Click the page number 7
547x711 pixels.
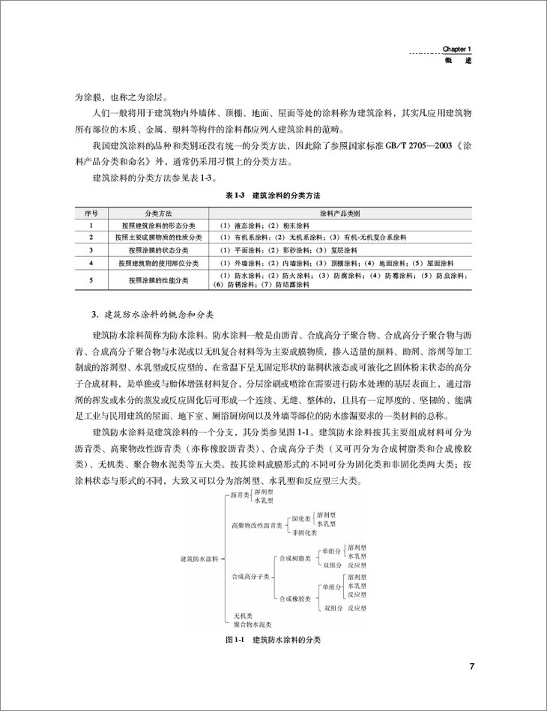click(x=471, y=667)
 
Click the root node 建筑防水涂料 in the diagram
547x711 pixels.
click(x=200, y=558)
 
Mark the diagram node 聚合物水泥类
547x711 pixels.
click(x=252, y=623)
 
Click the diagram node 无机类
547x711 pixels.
click(x=241, y=615)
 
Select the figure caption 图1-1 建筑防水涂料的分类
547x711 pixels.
click(x=273, y=641)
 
